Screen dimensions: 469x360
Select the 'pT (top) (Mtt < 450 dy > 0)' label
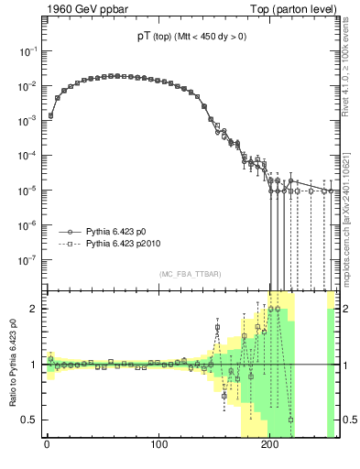[x=191, y=37]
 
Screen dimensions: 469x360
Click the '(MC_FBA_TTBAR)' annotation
[x=191, y=275]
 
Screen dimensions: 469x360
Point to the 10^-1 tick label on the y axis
[x=27, y=53]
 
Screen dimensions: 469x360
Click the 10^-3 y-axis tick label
[x=27, y=122]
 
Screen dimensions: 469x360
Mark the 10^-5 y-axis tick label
[x=27, y=191]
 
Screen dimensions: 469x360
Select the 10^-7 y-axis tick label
[x=27, y=259]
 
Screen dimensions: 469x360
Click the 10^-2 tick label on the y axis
[x=27, y=88]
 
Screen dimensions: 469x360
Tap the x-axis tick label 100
[x=158, y=446]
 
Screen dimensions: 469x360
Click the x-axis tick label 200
[x=270, y=446]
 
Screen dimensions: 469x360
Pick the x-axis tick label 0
[x=46, y=446]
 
